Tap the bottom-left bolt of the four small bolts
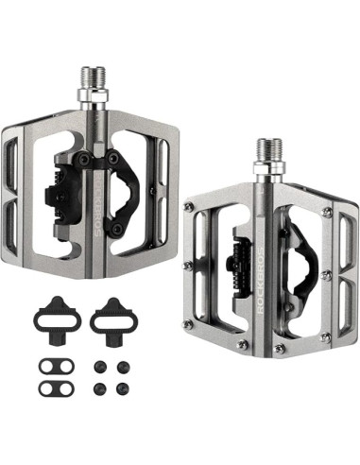click(x=100, y=387)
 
